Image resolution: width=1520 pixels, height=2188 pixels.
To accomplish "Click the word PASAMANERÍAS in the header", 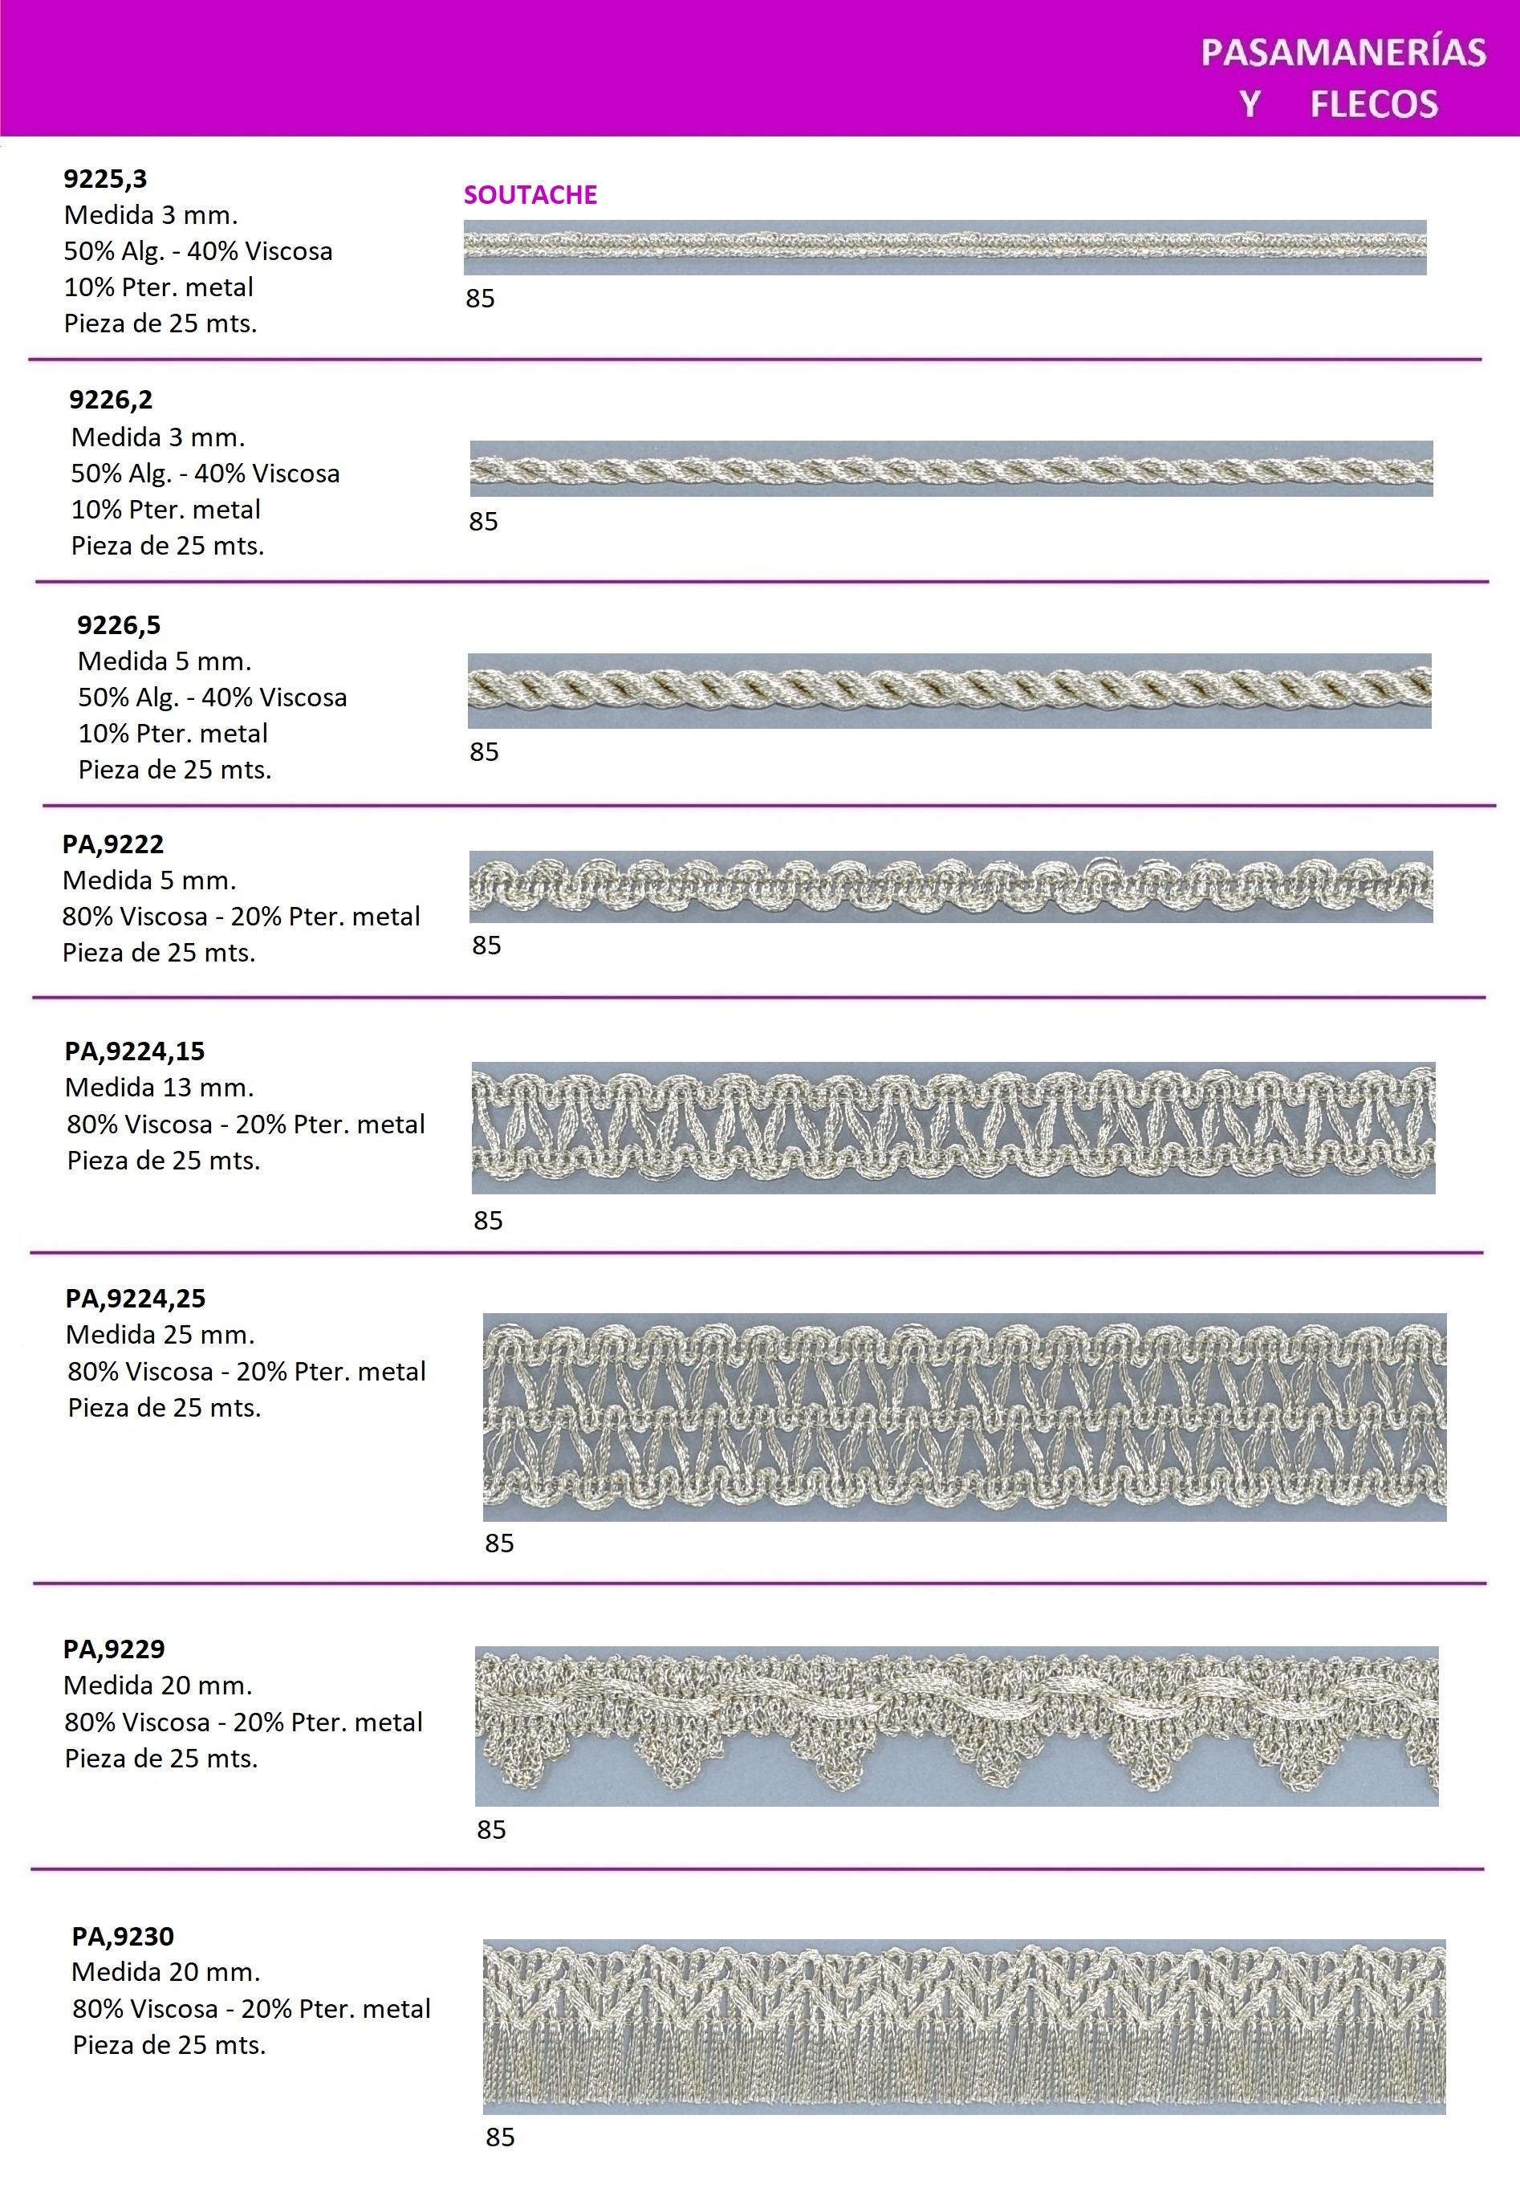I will tap(1343, 52).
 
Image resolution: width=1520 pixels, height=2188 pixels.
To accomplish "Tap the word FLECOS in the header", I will tap(1373, 104).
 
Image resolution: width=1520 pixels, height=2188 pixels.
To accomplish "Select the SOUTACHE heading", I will tap(530, 195).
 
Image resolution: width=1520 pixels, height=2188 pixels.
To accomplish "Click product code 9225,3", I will tap(106, 179).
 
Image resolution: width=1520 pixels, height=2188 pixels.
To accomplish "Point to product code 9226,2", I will tap(111, 400).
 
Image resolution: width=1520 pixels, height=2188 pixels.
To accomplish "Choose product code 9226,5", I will tap(119, 626).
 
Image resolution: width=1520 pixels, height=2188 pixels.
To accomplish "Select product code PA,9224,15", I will tap(134, 1051).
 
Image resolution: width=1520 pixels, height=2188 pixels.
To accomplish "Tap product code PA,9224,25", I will tap(136, 1299).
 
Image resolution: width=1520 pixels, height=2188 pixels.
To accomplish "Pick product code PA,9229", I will tap(114, 1649).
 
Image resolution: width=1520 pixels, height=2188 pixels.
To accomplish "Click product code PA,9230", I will tap(123, 1937).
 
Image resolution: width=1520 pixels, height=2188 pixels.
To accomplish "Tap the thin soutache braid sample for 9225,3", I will tap(945, 248).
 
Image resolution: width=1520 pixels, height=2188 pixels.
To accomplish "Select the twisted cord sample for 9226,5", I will tap(949, 690).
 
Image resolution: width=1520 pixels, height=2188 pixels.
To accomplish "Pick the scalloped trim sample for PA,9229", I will tap(956, 1725).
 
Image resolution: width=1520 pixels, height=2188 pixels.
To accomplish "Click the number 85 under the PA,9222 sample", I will tap(486, 946).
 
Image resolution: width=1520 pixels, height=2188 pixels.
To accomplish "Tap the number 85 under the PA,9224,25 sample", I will tap(499, 1543).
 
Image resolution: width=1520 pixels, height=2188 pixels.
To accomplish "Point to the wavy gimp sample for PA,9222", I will tap(950, 887).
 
